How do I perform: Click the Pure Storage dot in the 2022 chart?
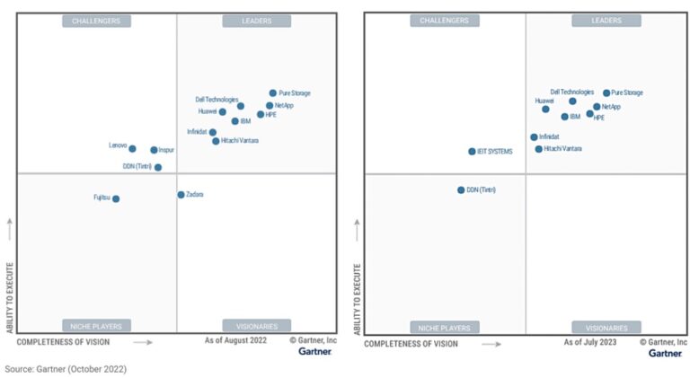(x=273, y=92)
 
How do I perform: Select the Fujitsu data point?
(x=116, y=198)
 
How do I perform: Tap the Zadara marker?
(x=181, y=194)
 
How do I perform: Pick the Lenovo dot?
(x=132, y=148)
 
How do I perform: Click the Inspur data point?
(x=154, y=150)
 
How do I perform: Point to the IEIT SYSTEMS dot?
(x=472, y=152)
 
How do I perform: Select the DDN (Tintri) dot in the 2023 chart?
(x=461, y=189)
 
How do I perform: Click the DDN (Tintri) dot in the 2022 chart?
(x=158, y=167)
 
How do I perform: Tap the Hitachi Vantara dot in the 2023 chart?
(x=539, y=149)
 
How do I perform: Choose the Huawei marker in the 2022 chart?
(x=223, y=112)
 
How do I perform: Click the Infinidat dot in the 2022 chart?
(x=213, y=132)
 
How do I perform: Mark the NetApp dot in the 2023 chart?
(x=597, y=107)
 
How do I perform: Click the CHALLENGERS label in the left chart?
(x=97, y=21)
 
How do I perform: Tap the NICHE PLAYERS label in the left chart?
(x=97, y=326)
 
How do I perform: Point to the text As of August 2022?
(x=235, y=342)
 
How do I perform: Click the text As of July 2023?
(x=591, y=342)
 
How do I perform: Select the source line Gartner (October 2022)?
(x=66, y=368)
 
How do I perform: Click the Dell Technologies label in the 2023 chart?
(x=571, y=92)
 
